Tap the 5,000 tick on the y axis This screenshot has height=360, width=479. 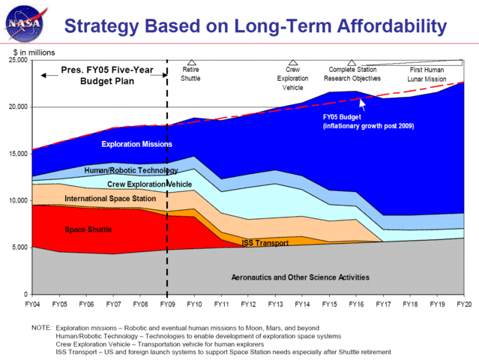click(x=19, y=247)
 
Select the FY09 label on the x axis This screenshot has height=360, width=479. click(x=166, y=305)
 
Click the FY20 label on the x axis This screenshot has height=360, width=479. click(x=464, y=305)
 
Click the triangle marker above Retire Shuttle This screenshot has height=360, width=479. click(x=191, y=63)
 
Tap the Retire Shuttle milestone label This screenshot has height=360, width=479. click(x=192, y=73)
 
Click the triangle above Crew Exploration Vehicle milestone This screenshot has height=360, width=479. click(x=292, y=63)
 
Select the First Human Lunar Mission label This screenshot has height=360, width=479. click(x=427, y=73)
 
